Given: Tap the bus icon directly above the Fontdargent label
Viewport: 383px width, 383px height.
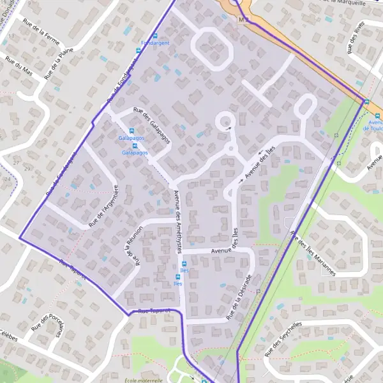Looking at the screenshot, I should [x=154, y=35].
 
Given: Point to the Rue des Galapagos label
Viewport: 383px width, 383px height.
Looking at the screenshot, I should [x=151, y=124].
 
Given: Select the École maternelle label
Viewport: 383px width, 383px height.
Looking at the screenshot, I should [x=146, y=380].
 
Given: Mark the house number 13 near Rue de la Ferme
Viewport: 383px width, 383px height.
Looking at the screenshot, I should [x=11, y=36].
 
